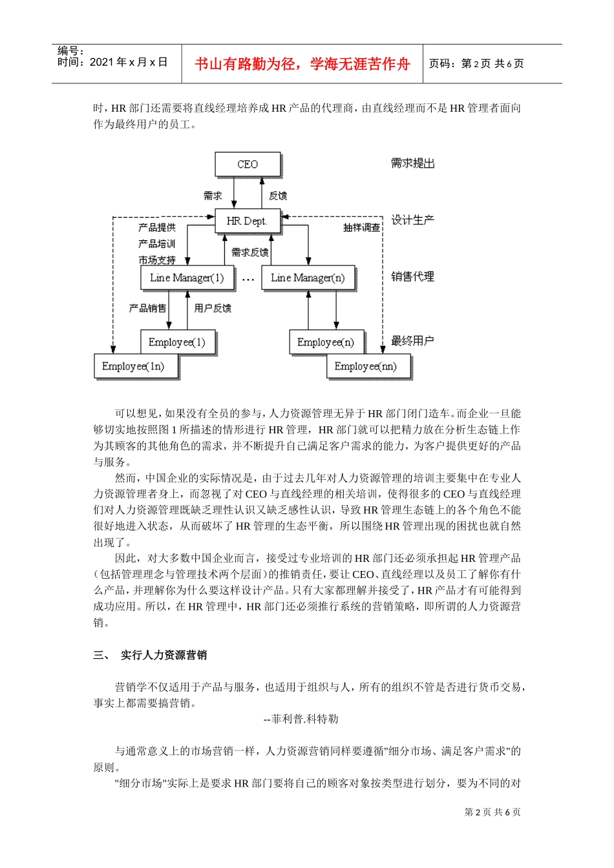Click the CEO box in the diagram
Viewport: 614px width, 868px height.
coord(248,165)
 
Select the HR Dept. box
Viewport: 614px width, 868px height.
coord(247,221)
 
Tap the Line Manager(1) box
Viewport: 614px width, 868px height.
coord(187,278)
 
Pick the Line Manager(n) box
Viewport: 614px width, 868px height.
coord(308,278)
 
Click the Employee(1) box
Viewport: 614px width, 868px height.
coord(177,342)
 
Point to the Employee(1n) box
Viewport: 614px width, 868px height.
coord(133,366)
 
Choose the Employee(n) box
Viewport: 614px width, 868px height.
coord(326,342)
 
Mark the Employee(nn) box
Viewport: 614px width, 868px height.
coord(366,366)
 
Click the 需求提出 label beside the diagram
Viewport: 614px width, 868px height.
coord(412,163)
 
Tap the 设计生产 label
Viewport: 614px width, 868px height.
coord(412,220)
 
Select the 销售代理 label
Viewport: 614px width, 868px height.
coord(412,276)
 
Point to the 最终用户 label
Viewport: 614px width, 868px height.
coord(412,340)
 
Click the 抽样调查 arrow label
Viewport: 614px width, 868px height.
coord(361,228)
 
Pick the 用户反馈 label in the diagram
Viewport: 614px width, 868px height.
coord(213,308)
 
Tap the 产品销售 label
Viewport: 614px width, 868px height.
coord(147,308)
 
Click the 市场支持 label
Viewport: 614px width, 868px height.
coord(157,260)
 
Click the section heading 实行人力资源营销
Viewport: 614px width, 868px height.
coord(164,655)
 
